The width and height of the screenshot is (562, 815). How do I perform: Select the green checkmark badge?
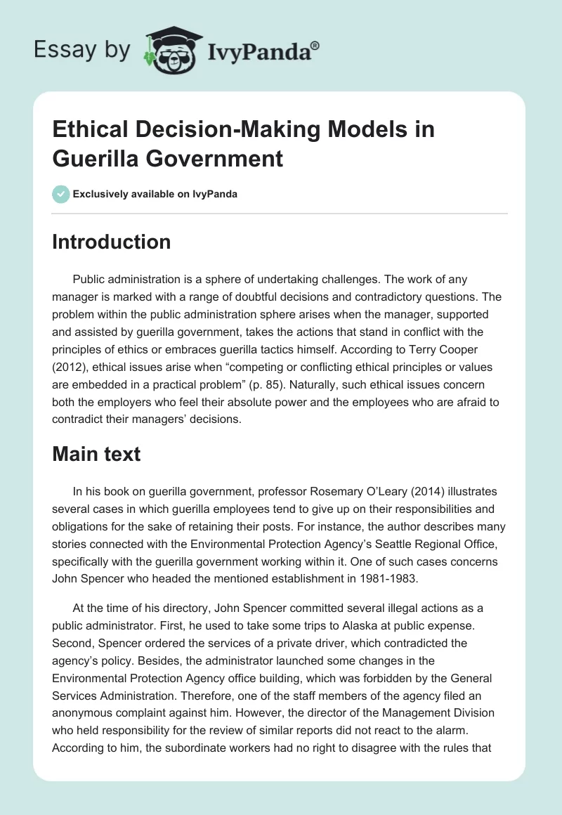click(x=60, y=194)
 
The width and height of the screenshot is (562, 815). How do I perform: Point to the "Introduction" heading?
click(x=111, y=242)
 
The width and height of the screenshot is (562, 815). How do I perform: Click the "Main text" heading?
click(x=96, y=454)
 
